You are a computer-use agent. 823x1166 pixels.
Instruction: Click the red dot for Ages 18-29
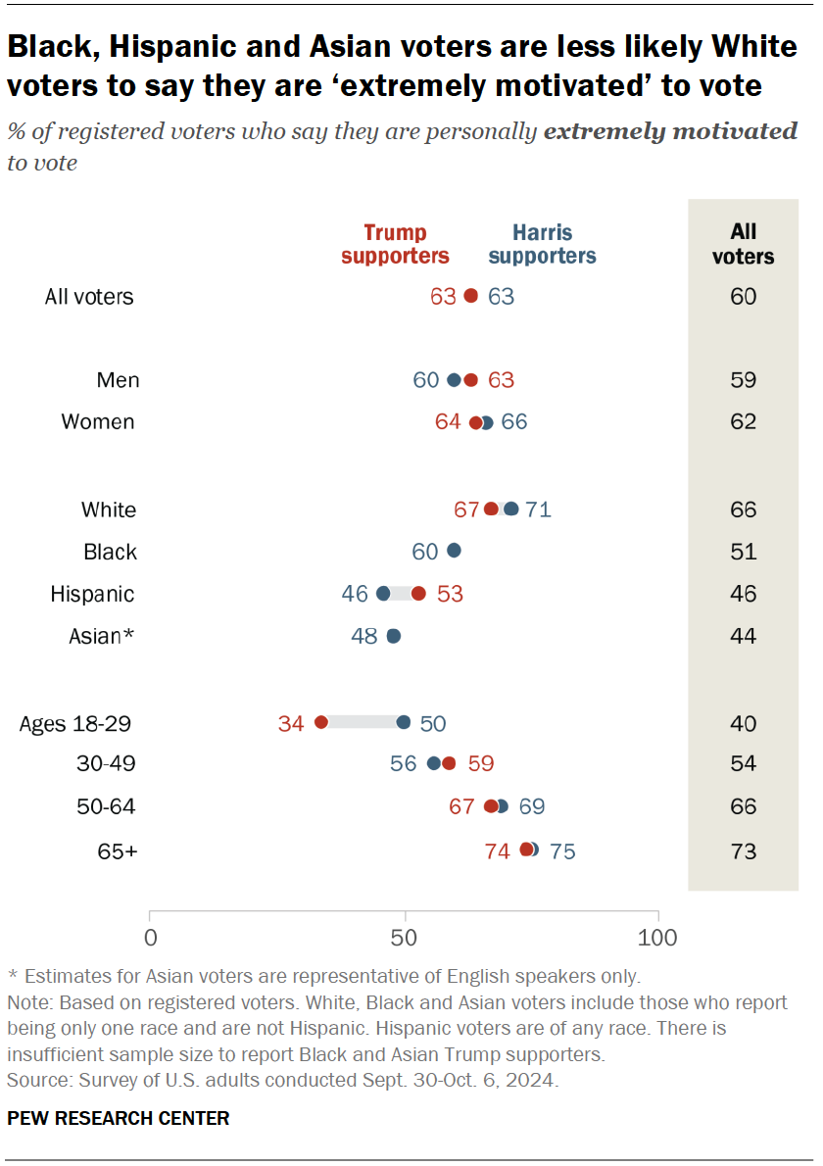(x=320, y=722)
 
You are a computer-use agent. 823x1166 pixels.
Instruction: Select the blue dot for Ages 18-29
(x=404, y=722)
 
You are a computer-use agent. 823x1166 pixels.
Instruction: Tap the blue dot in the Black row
(x=454, y=551)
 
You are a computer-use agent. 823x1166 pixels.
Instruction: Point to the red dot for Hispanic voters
(x=418, y=593)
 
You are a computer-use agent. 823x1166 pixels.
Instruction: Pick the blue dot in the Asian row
(x=393, y=636)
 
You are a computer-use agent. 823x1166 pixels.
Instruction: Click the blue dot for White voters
(x=510, y=509)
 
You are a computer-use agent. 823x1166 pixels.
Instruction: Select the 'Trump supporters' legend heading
(x=396, y=244)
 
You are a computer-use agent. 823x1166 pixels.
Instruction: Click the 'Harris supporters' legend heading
(x=542, y=244)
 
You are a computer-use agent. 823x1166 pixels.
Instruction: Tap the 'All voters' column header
(x=744, y=244)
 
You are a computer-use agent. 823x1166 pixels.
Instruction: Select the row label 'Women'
(x=98, y=422)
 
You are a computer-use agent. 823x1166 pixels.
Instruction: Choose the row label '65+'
(x=118, y=850)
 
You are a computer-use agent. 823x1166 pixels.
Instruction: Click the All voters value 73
(x=744, y=850)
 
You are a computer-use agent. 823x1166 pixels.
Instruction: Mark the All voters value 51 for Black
(x=744, y=552)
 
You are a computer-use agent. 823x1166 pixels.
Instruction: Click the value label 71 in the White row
(x=538, y=510)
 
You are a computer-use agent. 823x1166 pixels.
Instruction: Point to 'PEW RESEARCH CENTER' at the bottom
(x=119, y=1118)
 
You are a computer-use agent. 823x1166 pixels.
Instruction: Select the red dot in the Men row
(x=470, y=380)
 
